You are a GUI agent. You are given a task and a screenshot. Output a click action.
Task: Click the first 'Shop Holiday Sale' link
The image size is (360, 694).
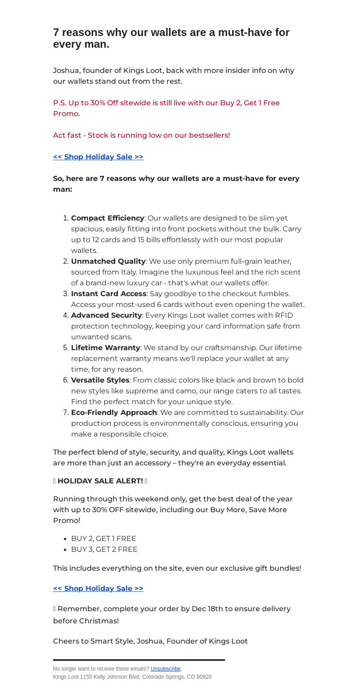click(x=98, y=157)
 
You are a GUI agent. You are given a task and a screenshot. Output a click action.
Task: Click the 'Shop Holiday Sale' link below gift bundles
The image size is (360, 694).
click(x=98, y=588)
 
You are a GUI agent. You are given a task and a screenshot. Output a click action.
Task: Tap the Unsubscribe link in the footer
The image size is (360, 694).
click(x=166, y=669)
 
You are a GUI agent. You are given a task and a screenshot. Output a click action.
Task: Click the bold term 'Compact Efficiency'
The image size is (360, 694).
click(x=108, y=218)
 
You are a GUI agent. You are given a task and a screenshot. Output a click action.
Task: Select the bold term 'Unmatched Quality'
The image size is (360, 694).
click(x=108, y=261)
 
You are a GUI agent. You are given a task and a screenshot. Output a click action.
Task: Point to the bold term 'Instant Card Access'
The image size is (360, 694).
click(x=109, y=293)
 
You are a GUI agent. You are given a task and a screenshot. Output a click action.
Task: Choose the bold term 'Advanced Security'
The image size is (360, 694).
click(x=107, y=315)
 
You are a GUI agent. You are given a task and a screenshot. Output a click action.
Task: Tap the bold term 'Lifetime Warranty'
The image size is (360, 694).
click(x=106, y=347)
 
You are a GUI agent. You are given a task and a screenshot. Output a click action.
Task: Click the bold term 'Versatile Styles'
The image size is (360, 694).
click(x=100, y=380)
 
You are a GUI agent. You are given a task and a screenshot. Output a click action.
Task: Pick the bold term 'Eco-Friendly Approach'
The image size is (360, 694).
click(x=114, y=412)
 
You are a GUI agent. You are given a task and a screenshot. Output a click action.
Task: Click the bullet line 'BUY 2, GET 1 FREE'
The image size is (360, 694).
click(x=103, y=538)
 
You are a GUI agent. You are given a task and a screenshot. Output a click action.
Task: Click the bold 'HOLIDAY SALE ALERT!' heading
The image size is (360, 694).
click(x=100, y=481)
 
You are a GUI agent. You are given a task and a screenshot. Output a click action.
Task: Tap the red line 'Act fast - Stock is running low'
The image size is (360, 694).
click(x=141, y=135)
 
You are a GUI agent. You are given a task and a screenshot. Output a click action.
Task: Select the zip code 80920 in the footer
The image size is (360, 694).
click(x=204, y=676)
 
